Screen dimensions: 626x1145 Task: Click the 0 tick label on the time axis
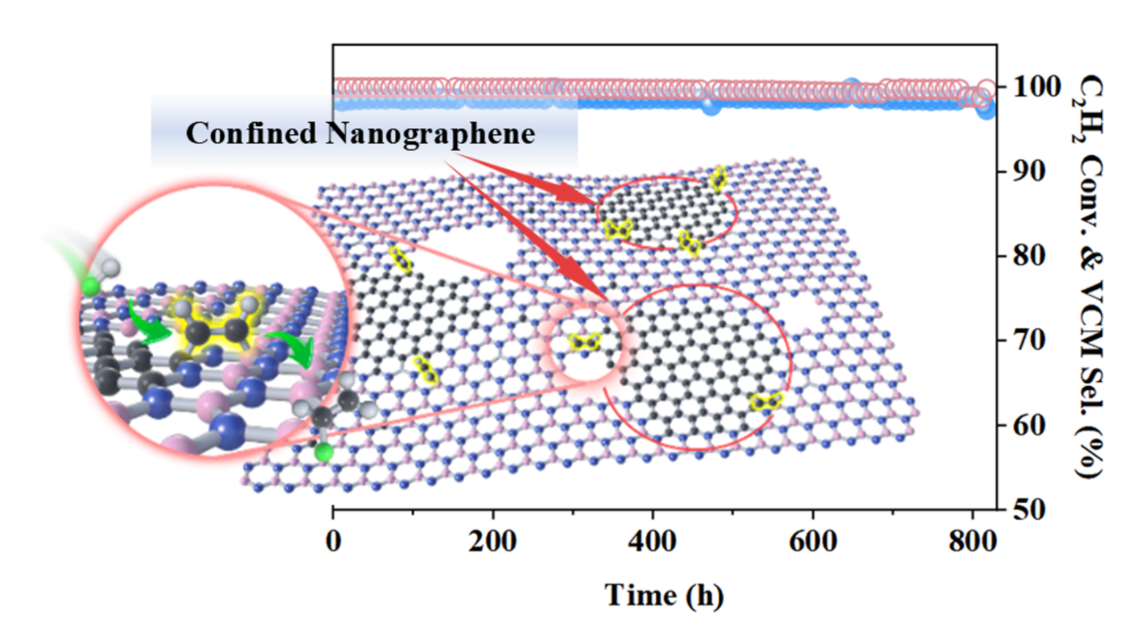[333, 543]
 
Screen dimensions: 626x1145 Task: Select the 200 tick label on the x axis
[493, 543]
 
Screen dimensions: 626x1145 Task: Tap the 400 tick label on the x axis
[653, 543]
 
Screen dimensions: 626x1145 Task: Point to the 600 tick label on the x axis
[812, 543]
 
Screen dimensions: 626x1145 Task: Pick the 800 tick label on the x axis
[972, 543]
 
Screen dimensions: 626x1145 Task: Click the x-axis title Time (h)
[664, 595]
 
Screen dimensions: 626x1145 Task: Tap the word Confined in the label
[251, 134]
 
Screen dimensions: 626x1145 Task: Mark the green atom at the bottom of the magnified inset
[323, 453]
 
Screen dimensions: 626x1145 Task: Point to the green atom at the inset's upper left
[91, 286]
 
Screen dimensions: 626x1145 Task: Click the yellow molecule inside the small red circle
[585, 342]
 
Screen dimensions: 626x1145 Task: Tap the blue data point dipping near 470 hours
[711, 106]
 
